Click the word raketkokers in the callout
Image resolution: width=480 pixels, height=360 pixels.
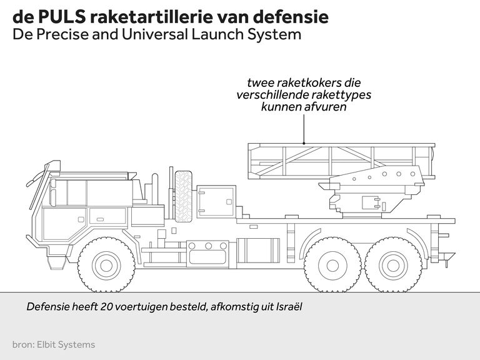click(307, 82)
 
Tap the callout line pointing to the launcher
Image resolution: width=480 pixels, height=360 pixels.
click(304, 128)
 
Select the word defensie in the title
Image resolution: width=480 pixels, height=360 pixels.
click(293, 17)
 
